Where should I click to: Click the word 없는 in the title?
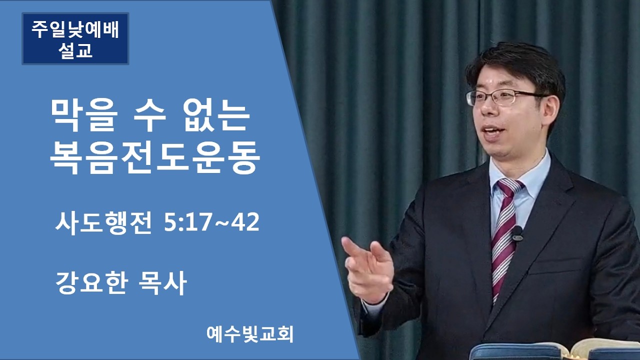point(219,116)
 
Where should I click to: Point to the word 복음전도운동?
point(155,156)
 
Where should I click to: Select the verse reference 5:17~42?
point(211,223)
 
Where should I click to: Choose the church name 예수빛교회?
point(250,334)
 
